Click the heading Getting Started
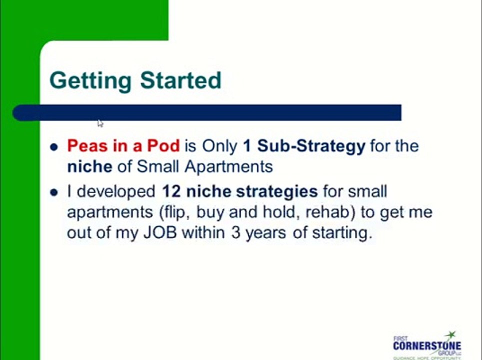click(135, 80)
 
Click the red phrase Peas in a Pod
click(123, 146)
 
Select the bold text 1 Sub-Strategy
click(304, 146)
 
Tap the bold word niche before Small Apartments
click(89, 166)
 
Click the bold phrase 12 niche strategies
click(239, 191)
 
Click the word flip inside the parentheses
click(176, 212)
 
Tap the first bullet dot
click(54, 147)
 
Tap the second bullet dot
click(54, 192)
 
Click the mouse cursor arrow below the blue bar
click(100, 123)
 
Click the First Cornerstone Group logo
click(426, 345)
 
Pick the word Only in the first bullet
click(220, 146)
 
